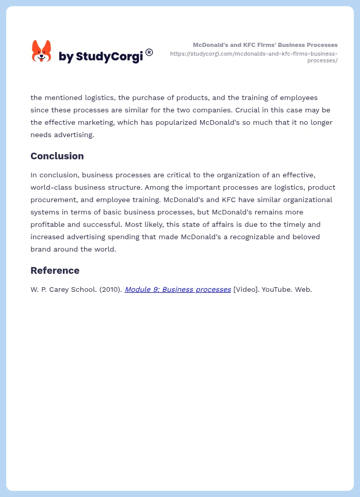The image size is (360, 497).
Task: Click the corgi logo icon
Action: click(x=41, y=52)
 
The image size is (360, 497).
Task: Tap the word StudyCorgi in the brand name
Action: click(x=109, y=57)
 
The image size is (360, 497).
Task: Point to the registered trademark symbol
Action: click(x=149, y=52)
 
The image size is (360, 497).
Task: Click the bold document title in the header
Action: click(x=265, y=45)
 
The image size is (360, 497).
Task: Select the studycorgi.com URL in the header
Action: click(x=254, y=57)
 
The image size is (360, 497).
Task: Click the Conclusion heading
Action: click(x=57, y=156)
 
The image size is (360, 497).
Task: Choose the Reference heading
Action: click(x=55, y=271)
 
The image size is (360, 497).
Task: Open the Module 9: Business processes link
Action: click(x=177, y=290)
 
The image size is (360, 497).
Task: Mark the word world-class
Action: click(x=53, y=188)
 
